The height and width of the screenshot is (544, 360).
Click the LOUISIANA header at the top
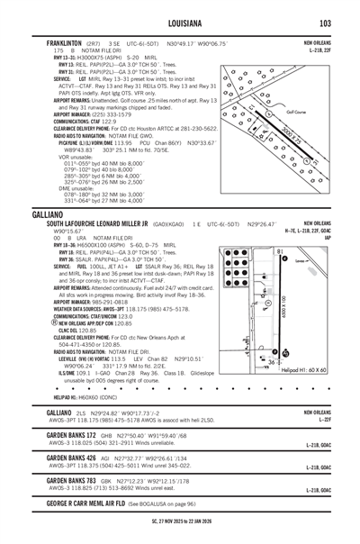(179, 23)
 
